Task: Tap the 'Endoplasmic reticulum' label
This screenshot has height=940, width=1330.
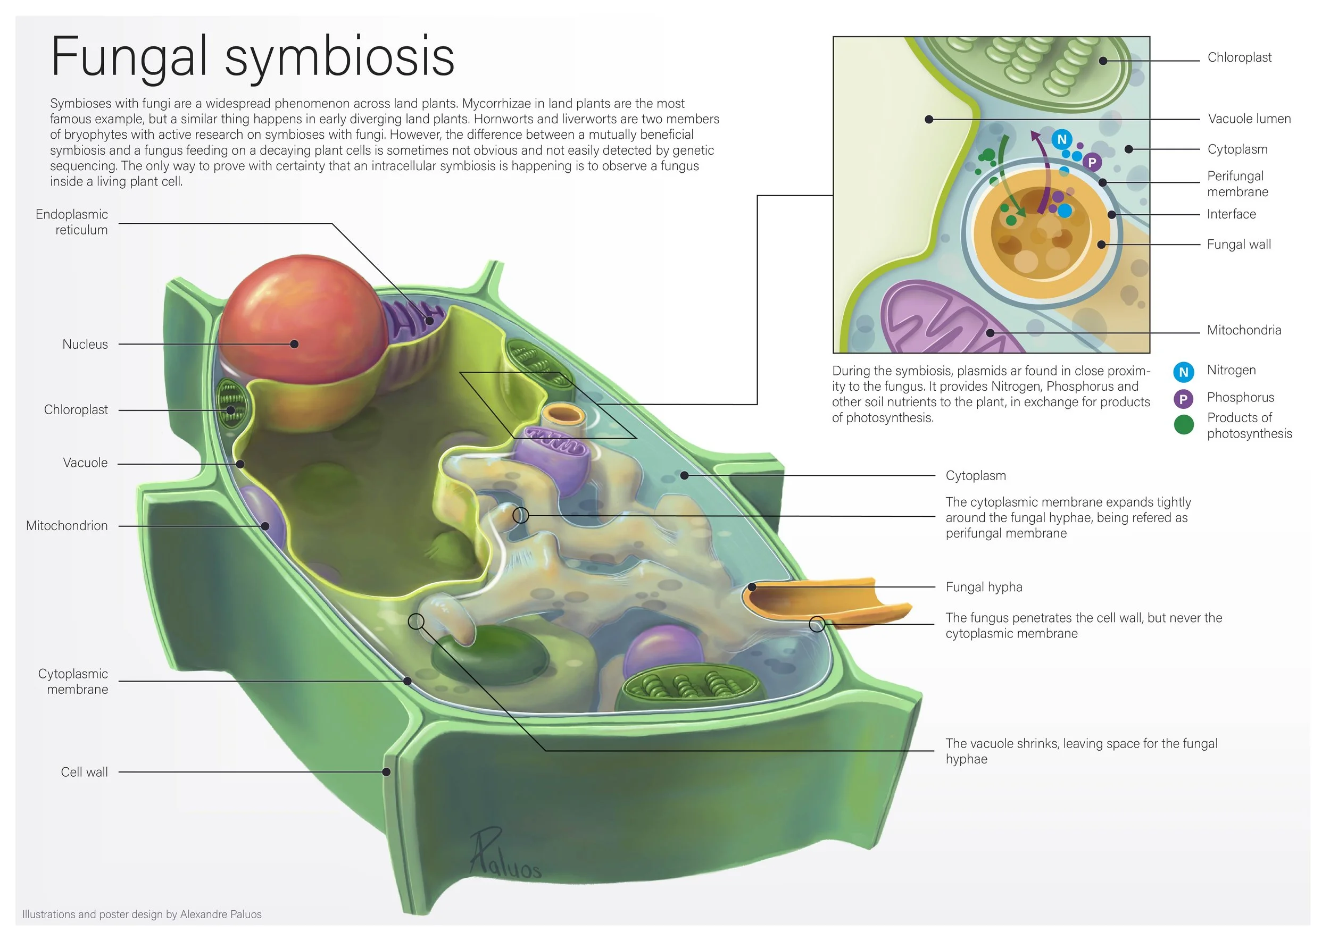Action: pos(72,222)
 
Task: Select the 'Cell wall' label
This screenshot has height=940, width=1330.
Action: pos(85,772)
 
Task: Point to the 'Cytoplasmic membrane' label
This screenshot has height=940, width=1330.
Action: pos(73,681)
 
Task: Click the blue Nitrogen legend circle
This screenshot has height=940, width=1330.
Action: pos(1184,372)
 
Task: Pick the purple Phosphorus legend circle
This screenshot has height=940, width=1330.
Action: pos(1184,399)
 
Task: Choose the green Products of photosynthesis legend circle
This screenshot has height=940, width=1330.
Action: pos(1184,425)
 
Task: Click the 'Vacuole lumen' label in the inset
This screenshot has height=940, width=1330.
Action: pos(1249,119)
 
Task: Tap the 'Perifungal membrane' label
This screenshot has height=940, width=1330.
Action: pos(1237,184)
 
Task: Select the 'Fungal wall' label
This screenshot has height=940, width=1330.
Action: pos(1238,244)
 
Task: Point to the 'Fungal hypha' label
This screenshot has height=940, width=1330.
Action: pos(984,587)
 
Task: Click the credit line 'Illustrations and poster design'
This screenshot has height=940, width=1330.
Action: pos(142,914)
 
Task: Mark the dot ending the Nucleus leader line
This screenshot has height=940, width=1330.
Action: pos(294,345)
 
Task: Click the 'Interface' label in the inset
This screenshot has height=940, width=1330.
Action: pos(1231,214)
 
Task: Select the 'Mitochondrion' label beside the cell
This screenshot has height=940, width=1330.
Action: pos(67,526)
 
